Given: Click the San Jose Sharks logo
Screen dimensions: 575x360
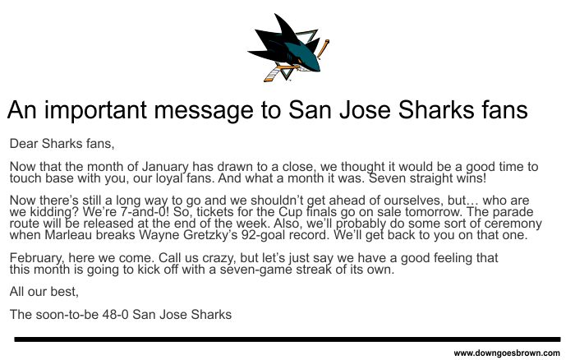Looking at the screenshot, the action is point(288,48).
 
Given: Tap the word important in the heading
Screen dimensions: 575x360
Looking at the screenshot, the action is point(96,110).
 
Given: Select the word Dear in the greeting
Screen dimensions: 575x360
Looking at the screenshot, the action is point(24,143).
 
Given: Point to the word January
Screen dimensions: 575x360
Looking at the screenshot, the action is point(165,167).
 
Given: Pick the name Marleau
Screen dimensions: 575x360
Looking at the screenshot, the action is point(68,234).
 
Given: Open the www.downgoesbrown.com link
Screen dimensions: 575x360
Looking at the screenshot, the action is point(507,353).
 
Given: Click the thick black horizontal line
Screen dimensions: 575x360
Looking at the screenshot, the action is point(287,339).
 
